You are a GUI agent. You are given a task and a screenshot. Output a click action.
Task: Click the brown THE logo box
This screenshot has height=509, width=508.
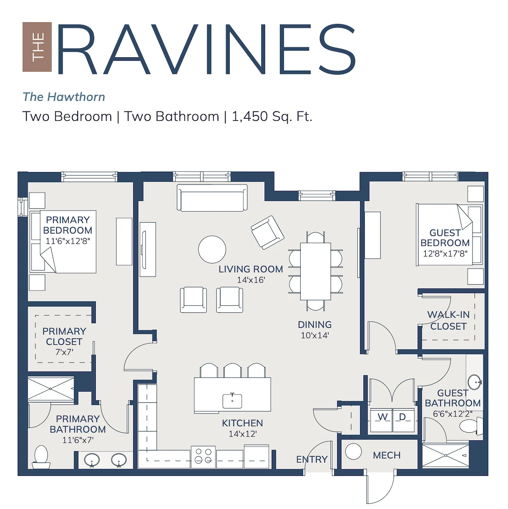(x=37, y=47)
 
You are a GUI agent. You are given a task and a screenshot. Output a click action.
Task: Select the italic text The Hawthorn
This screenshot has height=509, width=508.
(x=64, y=97)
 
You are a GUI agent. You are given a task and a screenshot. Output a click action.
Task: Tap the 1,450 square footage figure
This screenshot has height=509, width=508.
(x=249, y=116)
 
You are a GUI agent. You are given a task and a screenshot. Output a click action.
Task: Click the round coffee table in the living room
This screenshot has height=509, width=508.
(x=212, y=249)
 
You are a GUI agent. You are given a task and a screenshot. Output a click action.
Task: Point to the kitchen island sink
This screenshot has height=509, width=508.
(x=232, y=401)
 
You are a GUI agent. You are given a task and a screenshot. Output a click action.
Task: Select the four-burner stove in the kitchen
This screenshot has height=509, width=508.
(x=203, y=456)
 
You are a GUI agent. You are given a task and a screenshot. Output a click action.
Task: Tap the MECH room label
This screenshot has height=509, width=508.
(x=387, y=455)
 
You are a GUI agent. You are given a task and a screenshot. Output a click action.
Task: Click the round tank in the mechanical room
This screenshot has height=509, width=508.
(x=353, y=451)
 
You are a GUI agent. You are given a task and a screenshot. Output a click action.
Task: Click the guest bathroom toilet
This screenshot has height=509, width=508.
(x=471, y=426)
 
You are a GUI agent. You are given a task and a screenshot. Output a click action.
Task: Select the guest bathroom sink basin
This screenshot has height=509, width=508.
(x=475, y=382)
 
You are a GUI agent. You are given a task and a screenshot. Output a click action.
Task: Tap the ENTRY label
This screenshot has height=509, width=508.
(x=312, y=459)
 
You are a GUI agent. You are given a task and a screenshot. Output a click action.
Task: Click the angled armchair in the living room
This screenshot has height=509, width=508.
(x=267, y=232)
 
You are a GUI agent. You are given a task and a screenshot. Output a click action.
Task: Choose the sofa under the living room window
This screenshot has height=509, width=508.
(x=212, y=198)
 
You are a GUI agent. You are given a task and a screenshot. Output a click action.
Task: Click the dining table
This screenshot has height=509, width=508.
(x=315, y=271)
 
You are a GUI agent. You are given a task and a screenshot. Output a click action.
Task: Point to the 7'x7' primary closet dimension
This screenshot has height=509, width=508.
(x=64, y=352)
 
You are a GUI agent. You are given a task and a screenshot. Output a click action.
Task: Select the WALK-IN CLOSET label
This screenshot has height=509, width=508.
(x=448, y=320)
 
